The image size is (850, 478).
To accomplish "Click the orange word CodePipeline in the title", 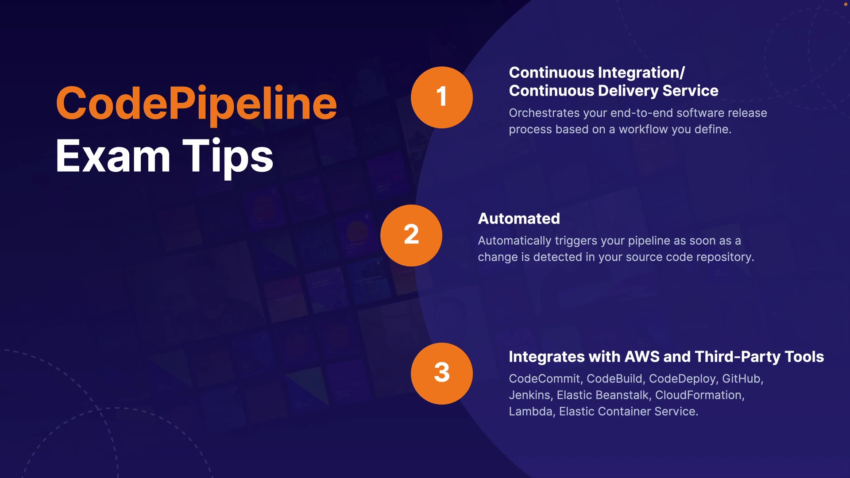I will (196, 104).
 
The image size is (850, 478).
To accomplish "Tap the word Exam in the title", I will (113, 156).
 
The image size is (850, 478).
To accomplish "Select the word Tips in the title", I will (228, 156).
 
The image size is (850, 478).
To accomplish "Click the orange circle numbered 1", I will (441, 97).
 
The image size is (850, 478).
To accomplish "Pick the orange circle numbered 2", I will (411, 235).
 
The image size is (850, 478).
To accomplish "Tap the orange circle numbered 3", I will (441, 373).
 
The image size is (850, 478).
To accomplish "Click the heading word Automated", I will (519, 219).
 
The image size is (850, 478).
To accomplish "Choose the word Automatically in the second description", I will (514, 241).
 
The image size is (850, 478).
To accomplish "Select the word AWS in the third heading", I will (641, 357).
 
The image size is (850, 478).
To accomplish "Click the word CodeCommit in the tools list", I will (544, 379).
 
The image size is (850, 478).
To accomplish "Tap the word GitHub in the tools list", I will (741, 379).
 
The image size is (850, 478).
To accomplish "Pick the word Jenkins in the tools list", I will (529, 395).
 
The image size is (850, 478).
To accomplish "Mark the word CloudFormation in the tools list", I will (698, 395).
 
